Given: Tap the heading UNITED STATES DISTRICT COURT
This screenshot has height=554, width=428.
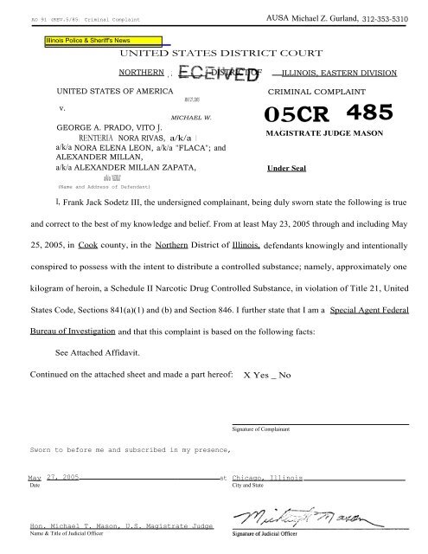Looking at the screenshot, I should point(214,55).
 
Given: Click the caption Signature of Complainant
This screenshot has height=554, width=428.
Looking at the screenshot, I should point(260,429).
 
